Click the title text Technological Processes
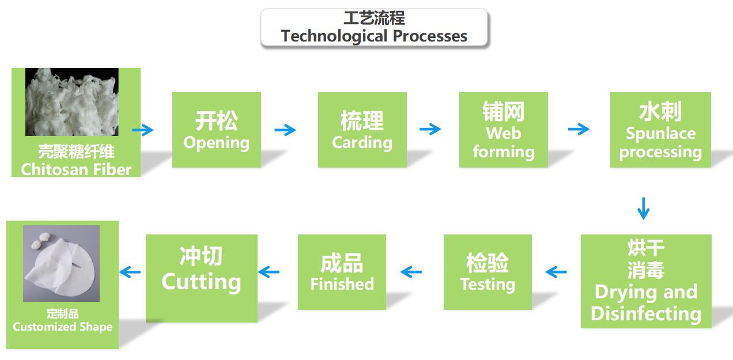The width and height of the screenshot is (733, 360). point(374,36)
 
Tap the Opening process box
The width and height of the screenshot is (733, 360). point(217,130)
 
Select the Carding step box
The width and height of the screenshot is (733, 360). point(362,130)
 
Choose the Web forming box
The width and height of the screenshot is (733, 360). point(504,130)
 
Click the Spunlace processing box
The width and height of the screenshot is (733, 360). point(660,130)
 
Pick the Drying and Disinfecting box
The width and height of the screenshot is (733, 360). point(646,281)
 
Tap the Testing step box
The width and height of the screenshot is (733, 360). point(488,272)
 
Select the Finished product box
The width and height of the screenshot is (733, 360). point(342,272)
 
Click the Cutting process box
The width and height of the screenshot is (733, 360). point(202,278)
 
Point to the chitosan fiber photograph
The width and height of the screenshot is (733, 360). point(72,102)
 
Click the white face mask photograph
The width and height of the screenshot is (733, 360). point(61,264)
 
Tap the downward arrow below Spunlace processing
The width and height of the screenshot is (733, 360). point(643,209)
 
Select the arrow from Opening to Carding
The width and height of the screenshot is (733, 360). point(285,130)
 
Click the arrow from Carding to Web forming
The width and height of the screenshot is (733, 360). point(430,129)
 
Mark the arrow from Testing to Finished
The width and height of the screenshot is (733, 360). point(411,272)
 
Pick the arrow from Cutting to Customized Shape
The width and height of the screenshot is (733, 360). point(130,272)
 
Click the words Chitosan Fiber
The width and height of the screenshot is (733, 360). point(76,170)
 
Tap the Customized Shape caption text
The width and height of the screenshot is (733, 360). point(62,327)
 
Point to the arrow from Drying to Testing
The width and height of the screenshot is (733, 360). point(556,272)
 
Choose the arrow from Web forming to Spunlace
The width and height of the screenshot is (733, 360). point(579,129)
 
